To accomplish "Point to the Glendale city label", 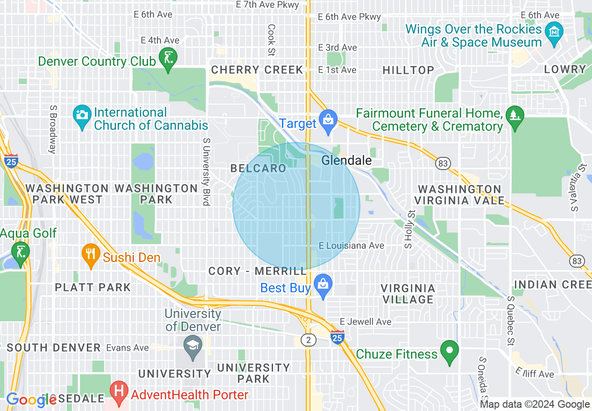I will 346,161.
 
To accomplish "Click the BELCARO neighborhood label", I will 258,169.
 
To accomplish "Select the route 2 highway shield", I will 308,340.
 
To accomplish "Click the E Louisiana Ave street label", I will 351,246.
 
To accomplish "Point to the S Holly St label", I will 409,229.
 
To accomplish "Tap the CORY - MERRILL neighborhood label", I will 258,271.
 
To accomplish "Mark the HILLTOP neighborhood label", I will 408,70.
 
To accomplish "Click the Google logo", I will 31,399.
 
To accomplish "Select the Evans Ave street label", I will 127,347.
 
